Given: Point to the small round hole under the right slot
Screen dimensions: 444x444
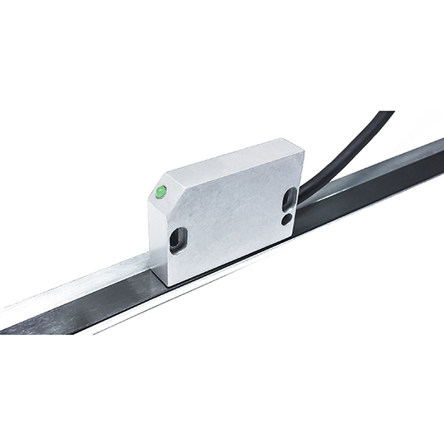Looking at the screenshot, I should [286, 219].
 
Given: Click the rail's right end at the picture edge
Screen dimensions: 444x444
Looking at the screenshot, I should [440, 157].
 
